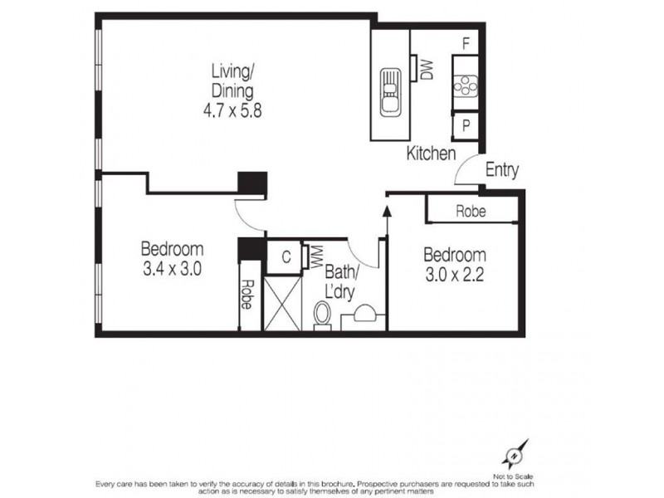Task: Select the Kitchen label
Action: coord(431,154)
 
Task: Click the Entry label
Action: coord(501,171)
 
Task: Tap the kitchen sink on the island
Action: coord(389,92)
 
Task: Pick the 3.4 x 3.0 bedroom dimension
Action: coord(173,269)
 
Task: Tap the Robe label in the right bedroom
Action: coord(471,212)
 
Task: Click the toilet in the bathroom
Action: coord(324,316)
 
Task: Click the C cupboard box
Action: coord(285,256)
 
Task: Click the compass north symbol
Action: coord(514,455)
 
